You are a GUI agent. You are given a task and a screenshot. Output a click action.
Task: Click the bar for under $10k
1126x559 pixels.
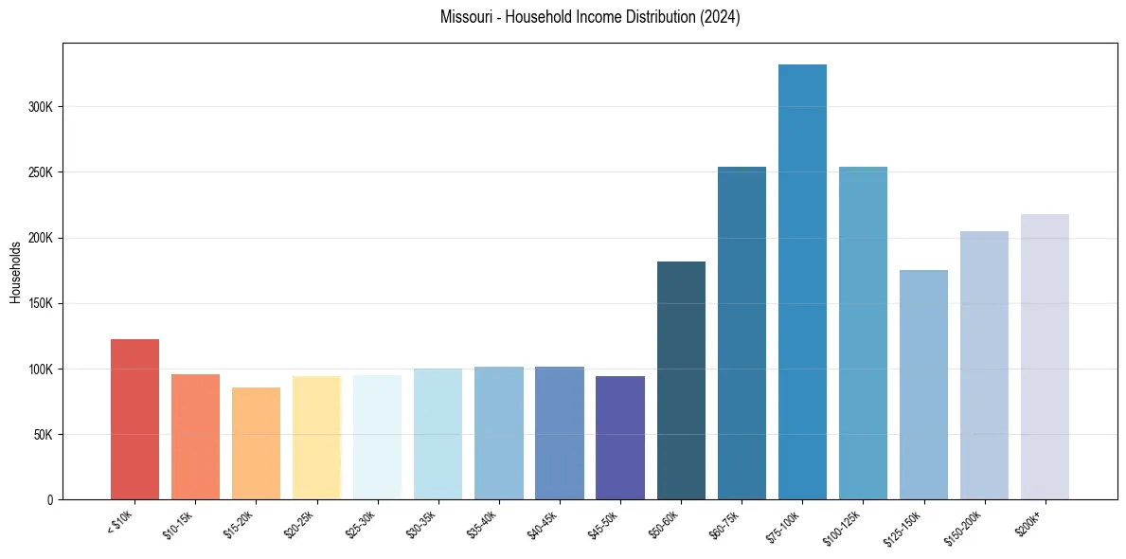tap(134, 419)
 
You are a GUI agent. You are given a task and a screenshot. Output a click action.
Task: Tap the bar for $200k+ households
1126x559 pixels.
tap(1045, 356)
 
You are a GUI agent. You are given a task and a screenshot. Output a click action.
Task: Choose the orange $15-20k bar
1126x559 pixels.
tap(256, 442)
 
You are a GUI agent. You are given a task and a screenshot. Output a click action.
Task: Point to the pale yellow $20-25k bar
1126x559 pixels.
tap(316, 437)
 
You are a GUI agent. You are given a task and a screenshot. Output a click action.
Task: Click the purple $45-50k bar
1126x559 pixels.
tap(620, 437)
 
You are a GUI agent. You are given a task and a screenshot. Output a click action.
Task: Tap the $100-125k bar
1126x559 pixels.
tap(863, 333)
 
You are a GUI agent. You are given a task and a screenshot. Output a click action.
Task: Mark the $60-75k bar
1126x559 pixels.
tap(742, 333)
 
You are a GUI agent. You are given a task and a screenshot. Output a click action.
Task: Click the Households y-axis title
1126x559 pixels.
tap(15, 271)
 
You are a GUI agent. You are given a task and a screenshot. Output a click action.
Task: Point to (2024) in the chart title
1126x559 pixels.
tap(720, 17)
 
